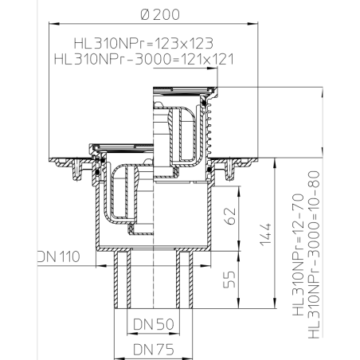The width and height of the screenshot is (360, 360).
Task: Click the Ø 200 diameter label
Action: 160,14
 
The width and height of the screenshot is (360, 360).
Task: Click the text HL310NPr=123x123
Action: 143,43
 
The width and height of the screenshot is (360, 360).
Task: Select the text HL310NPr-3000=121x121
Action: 144,59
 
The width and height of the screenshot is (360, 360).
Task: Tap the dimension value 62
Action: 230,216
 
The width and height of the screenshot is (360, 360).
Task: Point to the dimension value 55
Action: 229,279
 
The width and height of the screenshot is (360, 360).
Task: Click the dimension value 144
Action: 265,235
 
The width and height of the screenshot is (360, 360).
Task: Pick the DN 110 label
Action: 59,256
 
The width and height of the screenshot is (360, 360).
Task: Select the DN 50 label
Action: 154,324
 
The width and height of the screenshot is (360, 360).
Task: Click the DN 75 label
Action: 154,349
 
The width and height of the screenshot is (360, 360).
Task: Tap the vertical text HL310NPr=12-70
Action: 298,255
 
